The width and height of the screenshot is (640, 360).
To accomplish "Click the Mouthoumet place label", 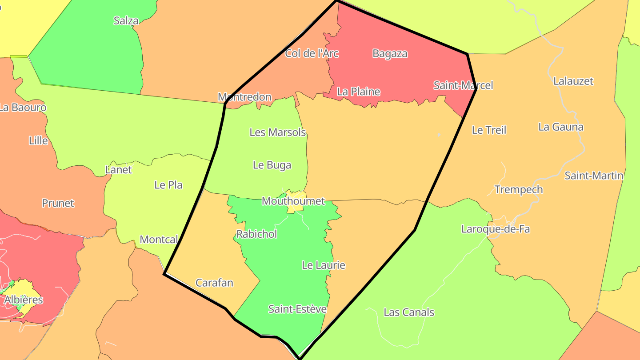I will (x=293, y=201).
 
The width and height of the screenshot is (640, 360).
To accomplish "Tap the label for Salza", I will (x=126, y=20).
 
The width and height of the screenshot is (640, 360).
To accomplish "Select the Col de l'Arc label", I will (x=312, y=53).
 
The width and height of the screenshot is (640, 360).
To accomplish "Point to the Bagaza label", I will (x=390, y=53).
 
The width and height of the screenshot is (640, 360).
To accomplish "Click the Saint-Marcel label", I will (x=463, y=85).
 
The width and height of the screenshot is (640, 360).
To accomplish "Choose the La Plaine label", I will (x=358, y=92).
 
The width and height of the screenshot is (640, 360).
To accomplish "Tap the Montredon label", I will (x=244, y=97).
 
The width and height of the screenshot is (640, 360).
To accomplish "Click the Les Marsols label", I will (x=278, y=132).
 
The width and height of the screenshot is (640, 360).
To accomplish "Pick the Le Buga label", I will (x=272, y=165).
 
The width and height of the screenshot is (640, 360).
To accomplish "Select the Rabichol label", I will (x=256, y=234).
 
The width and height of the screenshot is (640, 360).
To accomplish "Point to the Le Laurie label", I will (x=323, y=265).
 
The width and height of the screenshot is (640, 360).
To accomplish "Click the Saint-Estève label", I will (x=297, y=309).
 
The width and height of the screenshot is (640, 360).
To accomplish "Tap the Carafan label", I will (x=214, y=283).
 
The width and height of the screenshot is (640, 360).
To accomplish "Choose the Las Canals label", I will (x=408, y=312).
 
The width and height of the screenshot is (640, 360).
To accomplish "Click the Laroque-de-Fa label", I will (x=495, y=229).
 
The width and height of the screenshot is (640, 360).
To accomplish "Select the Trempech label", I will (x=518, y=189).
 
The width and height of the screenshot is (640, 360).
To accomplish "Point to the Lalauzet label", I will (x=573, y=81).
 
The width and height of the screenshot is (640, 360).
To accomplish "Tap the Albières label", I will (x=24, y=300).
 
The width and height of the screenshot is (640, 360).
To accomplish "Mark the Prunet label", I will (x=58, y=203).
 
